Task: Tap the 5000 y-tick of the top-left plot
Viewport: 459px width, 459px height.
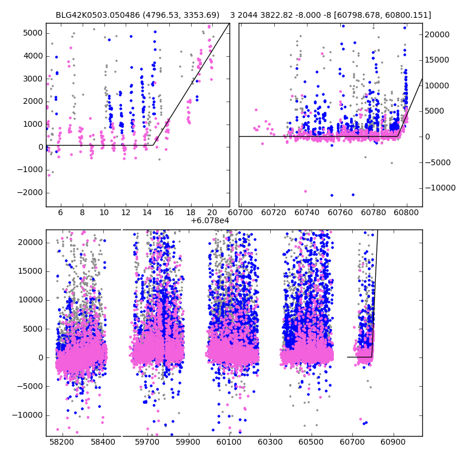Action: [33, 33]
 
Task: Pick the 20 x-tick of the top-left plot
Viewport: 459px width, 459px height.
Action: [212, 212]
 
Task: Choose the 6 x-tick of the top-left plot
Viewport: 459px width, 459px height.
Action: [60, 212]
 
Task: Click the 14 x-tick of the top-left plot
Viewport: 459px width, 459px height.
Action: [147, 212]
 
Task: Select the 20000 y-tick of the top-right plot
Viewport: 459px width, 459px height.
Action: [437, 34]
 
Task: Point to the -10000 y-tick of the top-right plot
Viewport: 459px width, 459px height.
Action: [439, 188]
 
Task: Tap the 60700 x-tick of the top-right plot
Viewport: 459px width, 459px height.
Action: [241, 212]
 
